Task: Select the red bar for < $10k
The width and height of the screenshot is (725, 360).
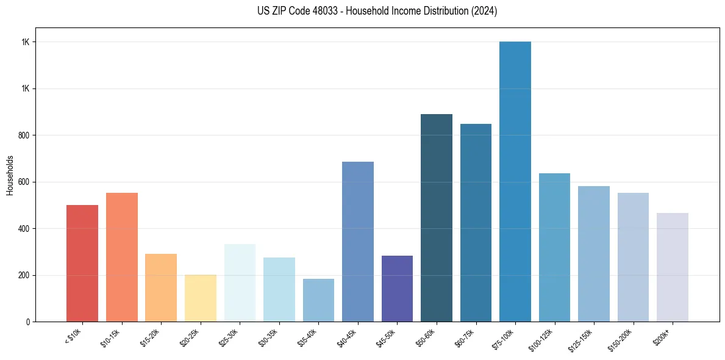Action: pos(82,263)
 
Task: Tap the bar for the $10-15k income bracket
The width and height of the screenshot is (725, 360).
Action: pos(122,257)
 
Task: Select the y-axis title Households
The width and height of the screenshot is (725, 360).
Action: pos(10,175)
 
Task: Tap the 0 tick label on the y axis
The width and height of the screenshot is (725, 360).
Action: pos(27,322)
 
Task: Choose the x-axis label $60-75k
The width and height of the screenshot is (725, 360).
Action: pos(466,337)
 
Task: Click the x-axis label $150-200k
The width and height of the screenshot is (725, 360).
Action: pos(622,339)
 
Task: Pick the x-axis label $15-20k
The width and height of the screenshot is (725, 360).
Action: pos(152,337)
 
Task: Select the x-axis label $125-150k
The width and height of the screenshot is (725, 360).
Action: pos(583,339)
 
